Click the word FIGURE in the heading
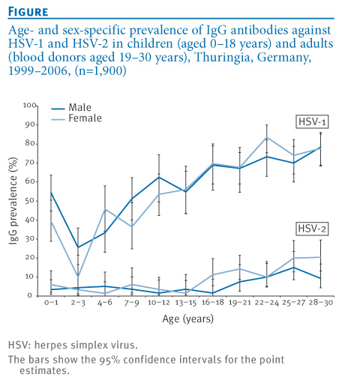pyautogui.click(x=28, y=11)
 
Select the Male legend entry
pyautogui.click(x=71, y=107)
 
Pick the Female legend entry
pyautogui.click(x=76, y=118)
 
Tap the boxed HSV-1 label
pyautogui.click(x=312, y=122)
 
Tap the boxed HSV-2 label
pyautogui.click(x=312, y=229)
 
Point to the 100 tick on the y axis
pyautogui.click(x=30, y=105)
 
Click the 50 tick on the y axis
pyautogui.click(x=30, y=201)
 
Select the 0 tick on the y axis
pyautogui.click(x=30, y=295)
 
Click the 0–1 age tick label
pyautogui.click(x=51, y=303)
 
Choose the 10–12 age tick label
pyautogui.click(x=159, y=303)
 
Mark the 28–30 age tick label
pyautogui.click(x=321, y=303)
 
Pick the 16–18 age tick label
pyautogui.click(x=213, y=303)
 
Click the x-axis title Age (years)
pyautogui.click(x=188, y=319)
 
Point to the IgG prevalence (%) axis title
pyautogui.click(x=13, y=201)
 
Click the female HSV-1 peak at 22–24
pyautogui.click(x=267, y=137)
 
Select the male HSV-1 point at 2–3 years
pyautogui.click(x=78, y=247)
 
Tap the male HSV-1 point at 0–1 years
pyautogui.click(x=51, y=193)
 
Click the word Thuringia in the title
pyautogui.click(x=223, y=57)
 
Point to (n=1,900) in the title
pyautogui.click(x=100, y=70)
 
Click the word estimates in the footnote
pyautogui.click(x=45, y=370)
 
